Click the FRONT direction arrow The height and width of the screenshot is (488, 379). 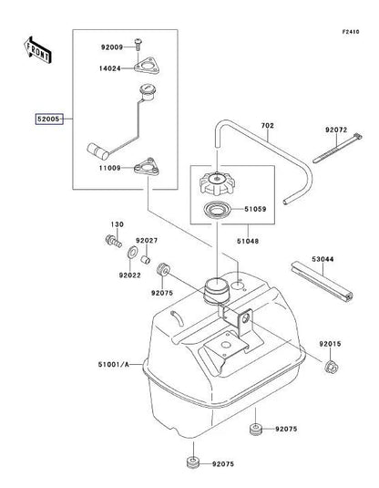tap(37, 50)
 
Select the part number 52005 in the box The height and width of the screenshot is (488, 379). tap(48, 119)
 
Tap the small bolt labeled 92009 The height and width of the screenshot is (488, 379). tap(138, 44)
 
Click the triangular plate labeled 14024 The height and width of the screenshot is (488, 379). tap(147, 66)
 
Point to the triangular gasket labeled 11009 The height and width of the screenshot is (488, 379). tap(147, 167)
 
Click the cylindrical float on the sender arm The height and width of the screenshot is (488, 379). tap(97, 151)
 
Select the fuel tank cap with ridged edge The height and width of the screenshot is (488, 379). tap(216, 182)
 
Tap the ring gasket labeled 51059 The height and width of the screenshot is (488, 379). tap(217, 210)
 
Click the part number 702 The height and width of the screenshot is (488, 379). tap(267, 126)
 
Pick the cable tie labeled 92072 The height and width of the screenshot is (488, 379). tap(337, 148)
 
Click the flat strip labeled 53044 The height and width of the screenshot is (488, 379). tap(322, 282)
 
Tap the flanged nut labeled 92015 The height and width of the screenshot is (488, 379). tap(331, 367)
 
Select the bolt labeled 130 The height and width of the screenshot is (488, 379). tap(114, 241)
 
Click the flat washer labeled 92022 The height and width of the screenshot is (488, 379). tap(132, 252)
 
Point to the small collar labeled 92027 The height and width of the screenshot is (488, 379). tap(146, 259)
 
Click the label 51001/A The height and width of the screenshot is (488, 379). tap(114, 364)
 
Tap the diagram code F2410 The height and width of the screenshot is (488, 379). tap(351, 32)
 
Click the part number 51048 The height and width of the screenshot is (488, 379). tap(248, 241)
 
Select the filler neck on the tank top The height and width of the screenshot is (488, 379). tap(216, 290)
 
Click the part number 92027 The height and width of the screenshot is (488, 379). tap(147, 241)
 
